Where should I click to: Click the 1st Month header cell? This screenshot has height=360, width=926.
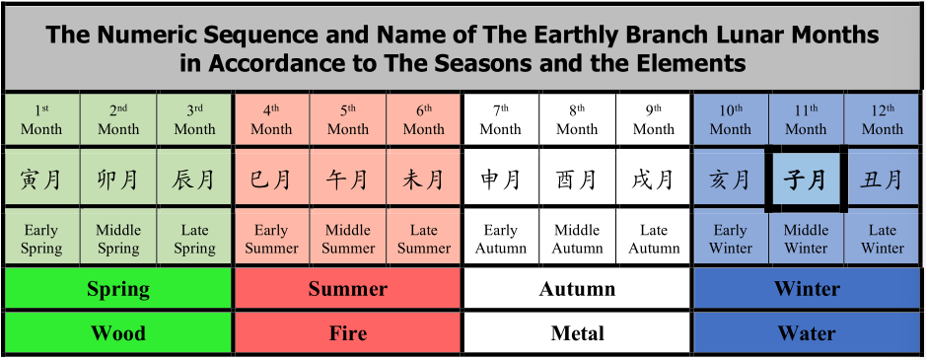pyautogui.click(x=41, y=118)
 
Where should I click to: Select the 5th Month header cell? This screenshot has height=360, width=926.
pyautogui.click(x=348, y=118)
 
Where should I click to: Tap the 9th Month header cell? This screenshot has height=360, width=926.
pyautogui.click(x=653, y=118)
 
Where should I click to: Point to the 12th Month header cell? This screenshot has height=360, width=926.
pyautogui.click(x=883, y=118)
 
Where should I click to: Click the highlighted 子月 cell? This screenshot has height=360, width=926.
pyautogui.click(x=806, y=180)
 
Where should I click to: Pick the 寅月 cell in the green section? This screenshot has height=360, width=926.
pyautogui.click(x=41, y=179)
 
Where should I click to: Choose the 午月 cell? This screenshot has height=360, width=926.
pyautogui.click(x=348, y=179)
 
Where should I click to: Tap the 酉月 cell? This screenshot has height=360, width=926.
pyautogui.click(x=577, y=179)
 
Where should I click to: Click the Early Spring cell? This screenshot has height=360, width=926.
pyautogui.click(x=41, y=239)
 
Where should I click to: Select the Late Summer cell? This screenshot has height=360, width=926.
pyautogui.click(x=423, y=239)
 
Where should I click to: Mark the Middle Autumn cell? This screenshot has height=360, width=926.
pyautogui.click(x=577, y=239)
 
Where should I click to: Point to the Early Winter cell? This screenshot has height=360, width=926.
pyautogui.click(x=731, y=239)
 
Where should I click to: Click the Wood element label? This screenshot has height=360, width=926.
pyautogui.click(x=118, y=332)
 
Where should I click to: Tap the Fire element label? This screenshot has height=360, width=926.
pyautogui.click(x=348, y=332)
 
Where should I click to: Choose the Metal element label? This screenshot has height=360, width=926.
pyautogui.click(x=577, y=332)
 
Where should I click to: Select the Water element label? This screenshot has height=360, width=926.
pyautogui.click(x=807, y=332)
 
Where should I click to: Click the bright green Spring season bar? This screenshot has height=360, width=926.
pyautogui.click(x=118, y=288)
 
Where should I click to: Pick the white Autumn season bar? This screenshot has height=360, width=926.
pyautogui.click(x=577, y=288)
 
